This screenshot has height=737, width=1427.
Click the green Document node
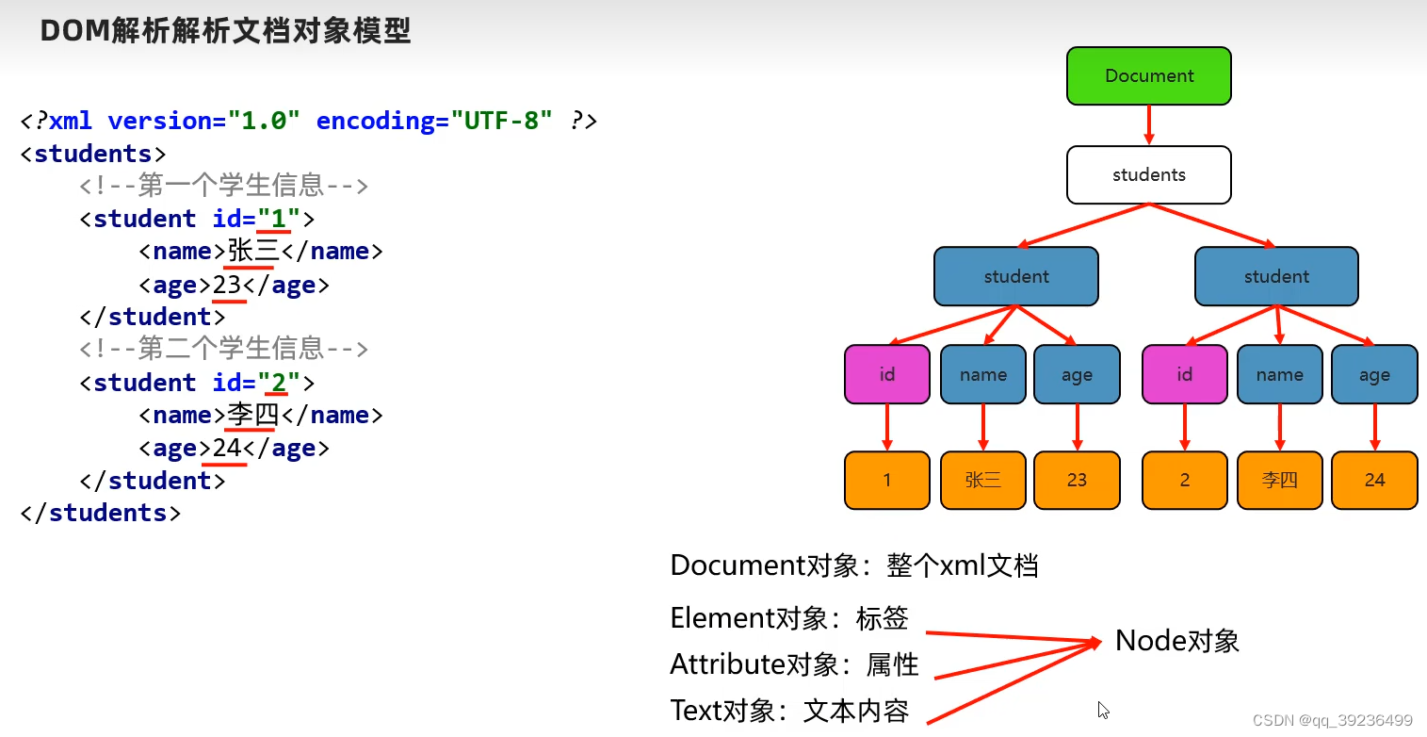click(x=1148, y=76)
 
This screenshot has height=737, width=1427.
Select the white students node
click(x=1148, y=174)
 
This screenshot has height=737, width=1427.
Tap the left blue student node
click(x=1015, y=276)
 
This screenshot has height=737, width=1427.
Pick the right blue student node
click(x=1276, y=276)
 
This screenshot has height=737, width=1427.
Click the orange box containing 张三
click(x=982, y=480)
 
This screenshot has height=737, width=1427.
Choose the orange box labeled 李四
click(x=1279, y=480)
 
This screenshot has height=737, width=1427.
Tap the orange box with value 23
click(x=1077, y=480)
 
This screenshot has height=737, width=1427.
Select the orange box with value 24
click(x=1374, y=480)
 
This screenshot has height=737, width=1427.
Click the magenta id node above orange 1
click(x=886, y=374)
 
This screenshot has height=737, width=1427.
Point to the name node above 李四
click(x=1279, y=374)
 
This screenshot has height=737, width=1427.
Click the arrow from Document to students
click(x=1149, y=124)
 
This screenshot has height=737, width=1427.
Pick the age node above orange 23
click(x=1077, y=374)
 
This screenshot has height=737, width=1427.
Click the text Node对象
click(x=1176, y=641)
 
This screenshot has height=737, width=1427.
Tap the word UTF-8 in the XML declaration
click(x=501, y=121)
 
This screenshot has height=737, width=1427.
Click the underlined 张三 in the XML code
click(x=253, y=252)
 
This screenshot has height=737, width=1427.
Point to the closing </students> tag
click(x=100, y=513)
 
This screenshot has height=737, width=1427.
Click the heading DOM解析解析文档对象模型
click(x=226, y=31)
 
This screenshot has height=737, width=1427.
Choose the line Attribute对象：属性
click(x=794, y=664)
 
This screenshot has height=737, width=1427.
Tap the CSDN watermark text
click(x=1332, y=719)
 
